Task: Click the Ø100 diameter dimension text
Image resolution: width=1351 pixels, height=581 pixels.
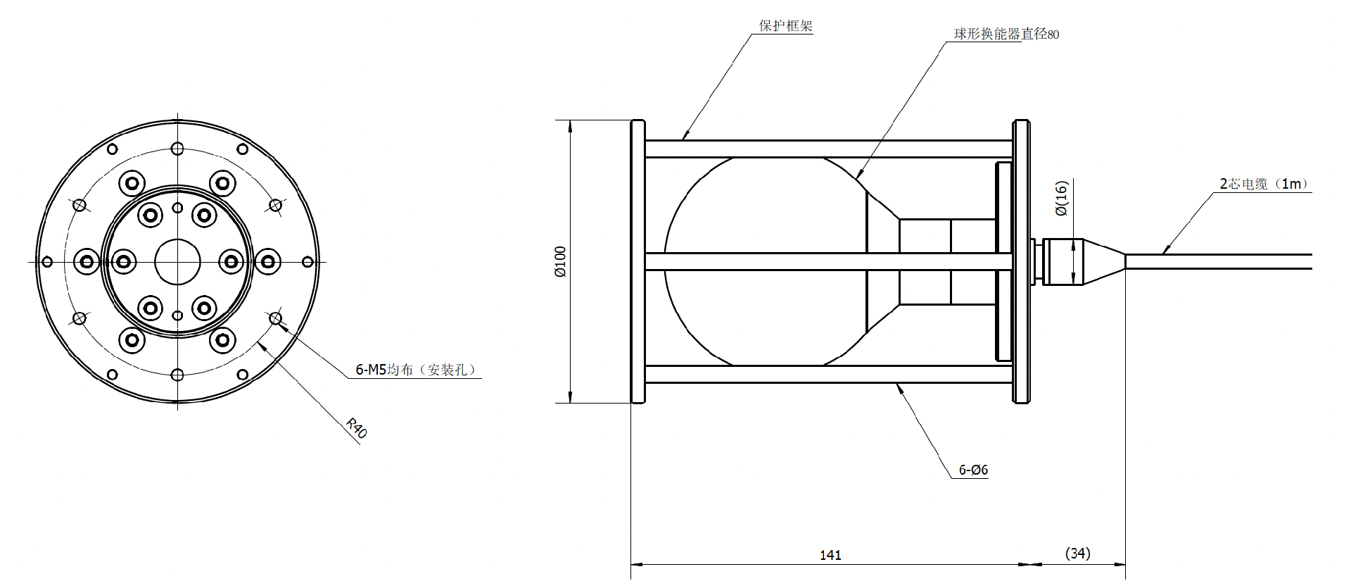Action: (x=560, y=261)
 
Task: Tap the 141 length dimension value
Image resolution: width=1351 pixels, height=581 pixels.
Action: (x=830, y=555)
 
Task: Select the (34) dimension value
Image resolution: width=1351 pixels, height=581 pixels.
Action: (x=1078, y=554)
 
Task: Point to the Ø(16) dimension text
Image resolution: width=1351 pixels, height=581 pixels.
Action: (x=1062, y=198)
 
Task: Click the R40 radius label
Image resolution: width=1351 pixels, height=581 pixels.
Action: (x=357, y=428)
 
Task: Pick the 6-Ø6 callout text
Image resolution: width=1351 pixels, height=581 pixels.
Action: (x=973, y=470)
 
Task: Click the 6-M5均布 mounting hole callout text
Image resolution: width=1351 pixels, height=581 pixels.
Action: (x=415, y=370)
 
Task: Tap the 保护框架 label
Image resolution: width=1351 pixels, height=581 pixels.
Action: (x=785, y=26)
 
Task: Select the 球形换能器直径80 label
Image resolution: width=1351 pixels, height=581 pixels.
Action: (x=1006, y=34)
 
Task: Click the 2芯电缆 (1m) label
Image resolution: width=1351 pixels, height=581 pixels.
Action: (x=1264, y=184)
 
